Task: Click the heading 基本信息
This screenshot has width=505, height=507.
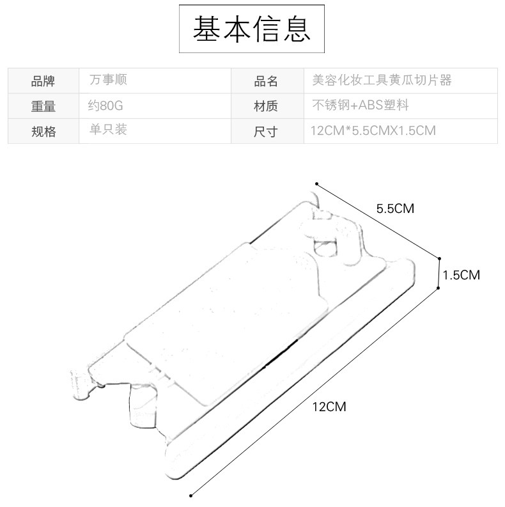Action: pos(251,29)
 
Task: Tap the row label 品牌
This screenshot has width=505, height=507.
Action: pos(43,81)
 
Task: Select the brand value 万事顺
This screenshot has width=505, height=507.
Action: pos(108,79)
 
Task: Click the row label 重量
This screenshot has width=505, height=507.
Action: pos(43,106)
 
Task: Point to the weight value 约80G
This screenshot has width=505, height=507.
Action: pos(105,105)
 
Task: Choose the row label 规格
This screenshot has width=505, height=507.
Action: pos(43,132)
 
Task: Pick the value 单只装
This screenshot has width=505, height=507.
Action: pos(108,130)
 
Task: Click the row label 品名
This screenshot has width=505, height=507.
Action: pos(266,81)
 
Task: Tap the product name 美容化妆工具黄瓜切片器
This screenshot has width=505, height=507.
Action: pos(382,80)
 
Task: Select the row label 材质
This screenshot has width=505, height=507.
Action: pos(265,106)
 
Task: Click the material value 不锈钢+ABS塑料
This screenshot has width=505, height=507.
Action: pos(361,105)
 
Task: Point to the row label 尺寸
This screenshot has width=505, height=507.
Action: pos(265,132)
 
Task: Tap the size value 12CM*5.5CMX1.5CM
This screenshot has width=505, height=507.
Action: pos(373,130)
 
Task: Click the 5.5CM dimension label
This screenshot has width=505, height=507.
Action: pos(395,208)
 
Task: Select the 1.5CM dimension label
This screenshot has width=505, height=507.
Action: pos(461,275)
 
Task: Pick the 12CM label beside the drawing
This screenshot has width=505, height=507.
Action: pos(329,407)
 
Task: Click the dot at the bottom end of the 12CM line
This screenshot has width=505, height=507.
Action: pos(190,495)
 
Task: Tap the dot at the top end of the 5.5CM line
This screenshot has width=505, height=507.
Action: pos(317,184)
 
